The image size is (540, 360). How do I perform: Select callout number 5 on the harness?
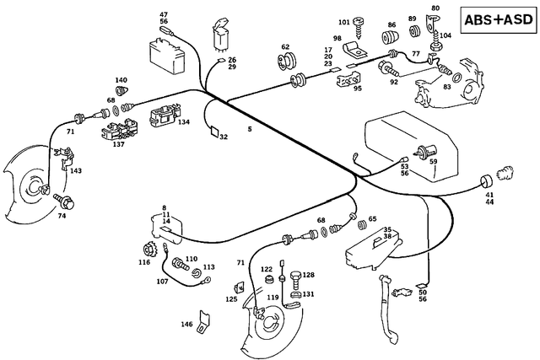tap(249, 129)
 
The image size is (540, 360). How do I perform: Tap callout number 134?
tap(184, 122)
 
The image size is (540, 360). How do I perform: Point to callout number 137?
tap(119, 144)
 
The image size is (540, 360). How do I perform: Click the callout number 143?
tap(76, 171)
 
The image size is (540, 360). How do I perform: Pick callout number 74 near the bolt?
tap(62, 216)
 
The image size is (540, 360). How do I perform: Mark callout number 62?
tap(285, 47)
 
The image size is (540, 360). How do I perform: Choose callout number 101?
tap(343, 22)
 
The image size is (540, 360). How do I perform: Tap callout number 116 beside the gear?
tap(144, 263)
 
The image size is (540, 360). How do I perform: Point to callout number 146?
tap(186, 324)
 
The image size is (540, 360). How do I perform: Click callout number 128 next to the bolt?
tap(309, 276)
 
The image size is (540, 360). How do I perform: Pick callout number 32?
tap(224, 137)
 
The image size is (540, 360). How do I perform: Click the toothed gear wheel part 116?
tap(153, 250)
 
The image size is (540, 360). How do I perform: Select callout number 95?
tap(358, 89)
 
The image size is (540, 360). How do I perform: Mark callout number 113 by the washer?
tap(208, 267)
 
